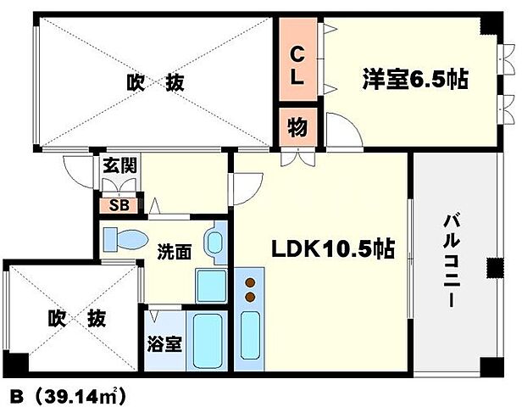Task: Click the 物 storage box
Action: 298,128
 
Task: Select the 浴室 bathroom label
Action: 163,347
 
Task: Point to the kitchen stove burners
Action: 250,289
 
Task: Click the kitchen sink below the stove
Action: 251,336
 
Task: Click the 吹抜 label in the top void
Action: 155,83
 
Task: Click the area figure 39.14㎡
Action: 81,394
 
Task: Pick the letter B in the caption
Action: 15,394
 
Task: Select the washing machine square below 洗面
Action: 209,285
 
